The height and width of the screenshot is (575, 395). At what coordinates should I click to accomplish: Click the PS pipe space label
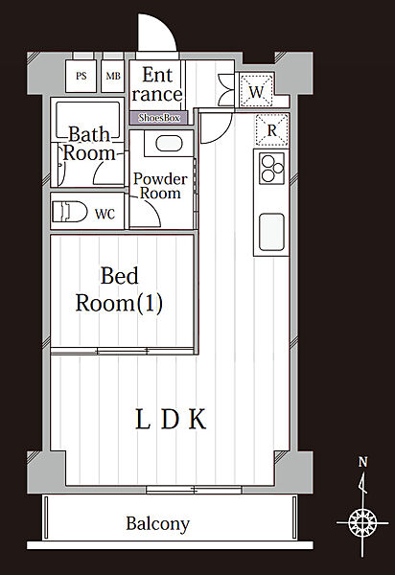(81, 76)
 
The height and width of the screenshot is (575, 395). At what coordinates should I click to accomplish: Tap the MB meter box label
(113, 76)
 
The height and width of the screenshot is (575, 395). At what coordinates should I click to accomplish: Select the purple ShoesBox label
(159, 118)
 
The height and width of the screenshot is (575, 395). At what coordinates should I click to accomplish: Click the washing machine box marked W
(256, 91)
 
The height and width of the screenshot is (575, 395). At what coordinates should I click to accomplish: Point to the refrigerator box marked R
(271, 129)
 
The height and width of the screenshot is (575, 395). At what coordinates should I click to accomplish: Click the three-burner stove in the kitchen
(271, 169)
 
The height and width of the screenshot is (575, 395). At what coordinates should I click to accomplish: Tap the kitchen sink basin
(271, 232)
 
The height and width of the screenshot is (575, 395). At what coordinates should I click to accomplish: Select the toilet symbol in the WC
(69, 212)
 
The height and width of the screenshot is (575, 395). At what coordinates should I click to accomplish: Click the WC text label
(105, 214)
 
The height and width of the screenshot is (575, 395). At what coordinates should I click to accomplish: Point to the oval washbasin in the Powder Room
(169, 144)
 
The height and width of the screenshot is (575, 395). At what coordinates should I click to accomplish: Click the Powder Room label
(161, 186)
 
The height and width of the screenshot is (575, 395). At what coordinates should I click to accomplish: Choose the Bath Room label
(89, 144)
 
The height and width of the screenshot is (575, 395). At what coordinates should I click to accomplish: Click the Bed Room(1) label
(119, 289)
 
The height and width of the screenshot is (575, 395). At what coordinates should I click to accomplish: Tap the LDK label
(171, 419)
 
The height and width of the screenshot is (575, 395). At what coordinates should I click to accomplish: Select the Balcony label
(157, 523)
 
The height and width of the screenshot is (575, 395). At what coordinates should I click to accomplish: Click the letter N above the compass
(362, 462)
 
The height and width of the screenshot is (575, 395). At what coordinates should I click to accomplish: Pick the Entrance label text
(157, 84)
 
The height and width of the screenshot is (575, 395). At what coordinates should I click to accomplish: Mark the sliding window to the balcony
(194, 489)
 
